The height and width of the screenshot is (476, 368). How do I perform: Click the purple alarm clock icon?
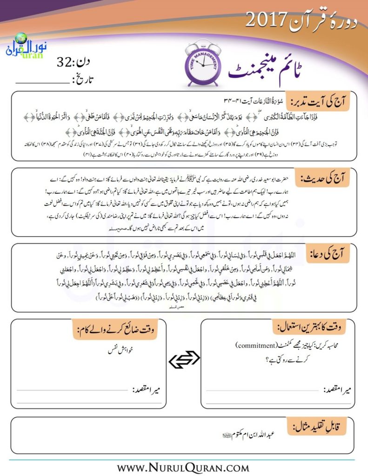click(x=201, y=65)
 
